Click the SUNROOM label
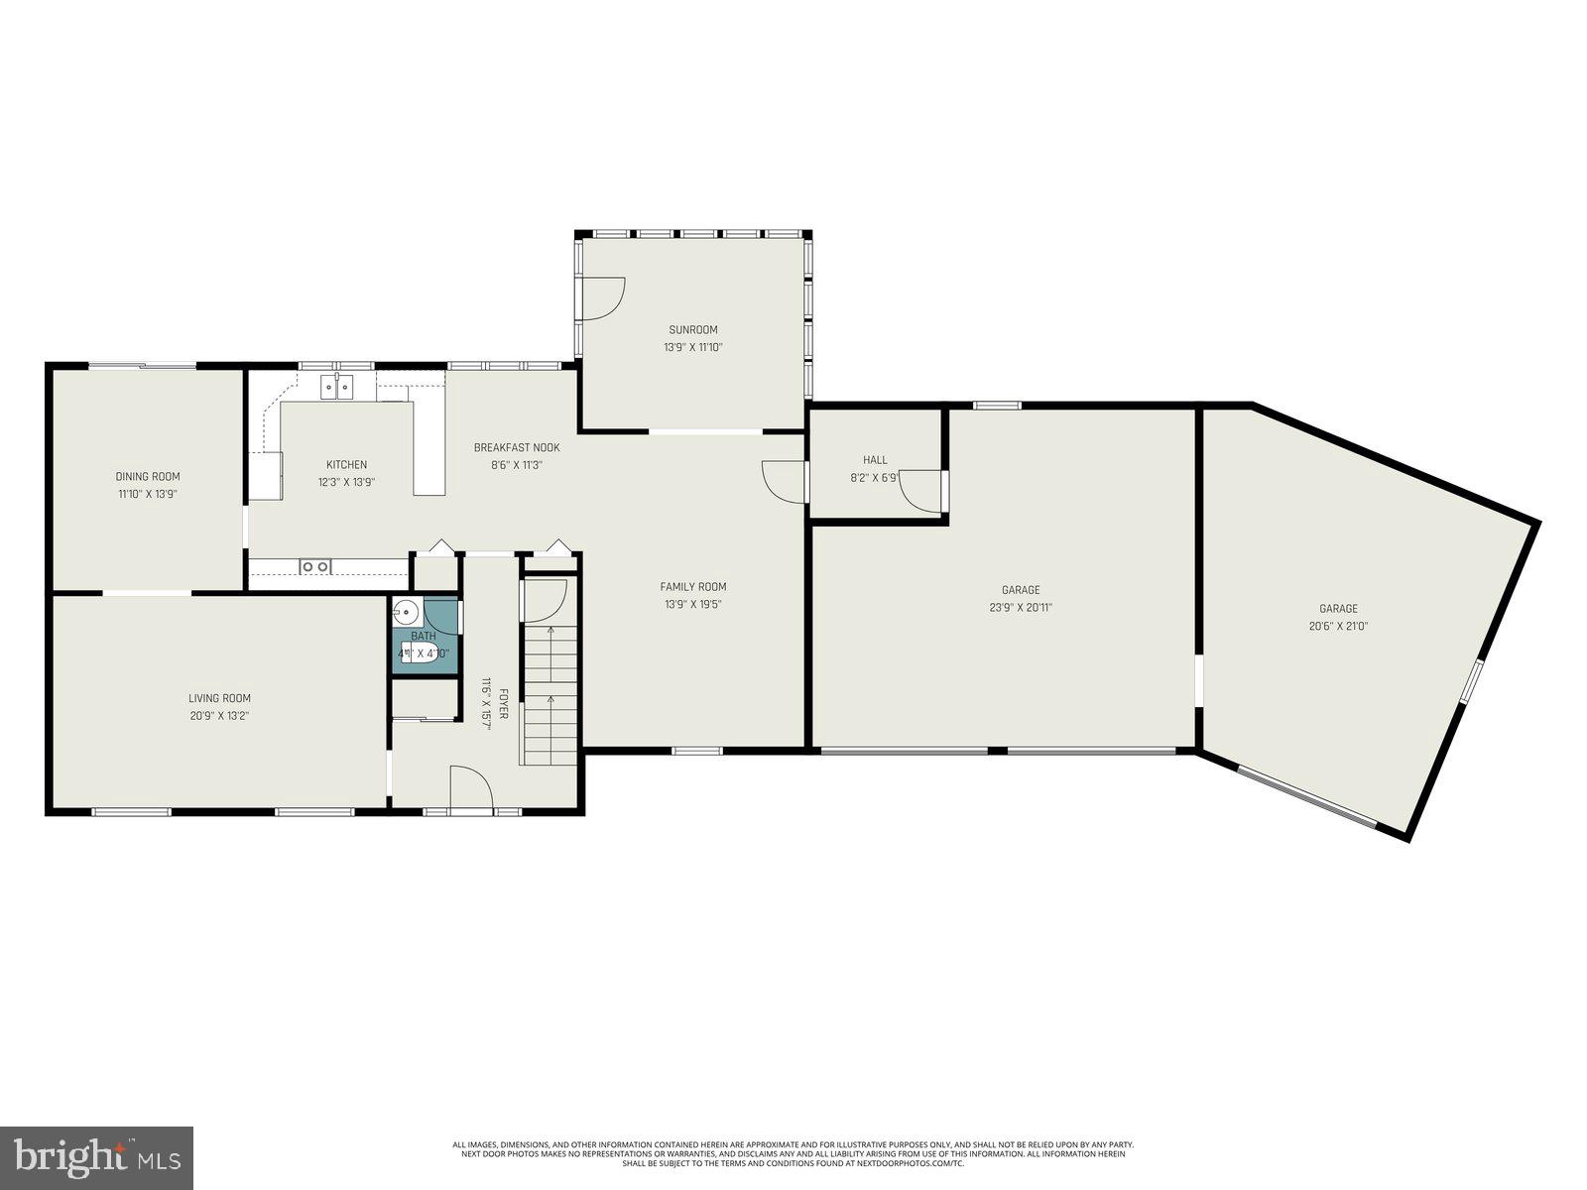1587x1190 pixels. (692, 330)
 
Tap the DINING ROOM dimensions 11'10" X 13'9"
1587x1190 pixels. (148, 494)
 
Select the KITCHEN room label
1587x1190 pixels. (347, 464)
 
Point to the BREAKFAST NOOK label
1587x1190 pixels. (517, 447)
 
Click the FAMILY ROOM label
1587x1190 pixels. (693, 586)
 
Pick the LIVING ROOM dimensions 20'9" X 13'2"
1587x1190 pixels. (219, 715)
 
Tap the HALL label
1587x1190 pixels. (875, 459)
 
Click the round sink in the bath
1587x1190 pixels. (405, 610)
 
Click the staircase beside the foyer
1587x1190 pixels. (549, 694)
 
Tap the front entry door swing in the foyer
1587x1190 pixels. (471, 788)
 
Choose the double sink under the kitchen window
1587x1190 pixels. (336, 386)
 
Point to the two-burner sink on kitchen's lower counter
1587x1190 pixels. (315, 566)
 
